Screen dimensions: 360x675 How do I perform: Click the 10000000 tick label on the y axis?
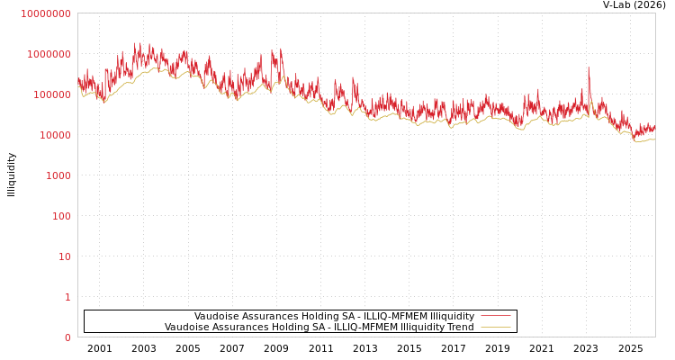point(45,13)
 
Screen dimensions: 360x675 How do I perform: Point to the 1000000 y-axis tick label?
point(49,54)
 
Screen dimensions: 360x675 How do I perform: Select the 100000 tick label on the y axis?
point(51,94)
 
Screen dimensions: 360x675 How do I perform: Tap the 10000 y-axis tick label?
point(54,135)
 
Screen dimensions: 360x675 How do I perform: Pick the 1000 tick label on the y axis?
point(58,175)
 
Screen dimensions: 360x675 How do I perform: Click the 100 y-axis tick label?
point(60,216)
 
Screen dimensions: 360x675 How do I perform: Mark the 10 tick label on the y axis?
point(64,256)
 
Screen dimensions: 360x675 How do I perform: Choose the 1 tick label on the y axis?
point(67,297)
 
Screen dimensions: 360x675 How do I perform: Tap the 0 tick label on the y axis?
point(67,337)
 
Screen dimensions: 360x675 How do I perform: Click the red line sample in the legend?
point(495,317)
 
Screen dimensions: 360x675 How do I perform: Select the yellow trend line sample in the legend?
point(495,328)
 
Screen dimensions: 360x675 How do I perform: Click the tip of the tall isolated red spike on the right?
point(589,67)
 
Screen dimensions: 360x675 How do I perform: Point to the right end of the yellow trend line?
point(654,139)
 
